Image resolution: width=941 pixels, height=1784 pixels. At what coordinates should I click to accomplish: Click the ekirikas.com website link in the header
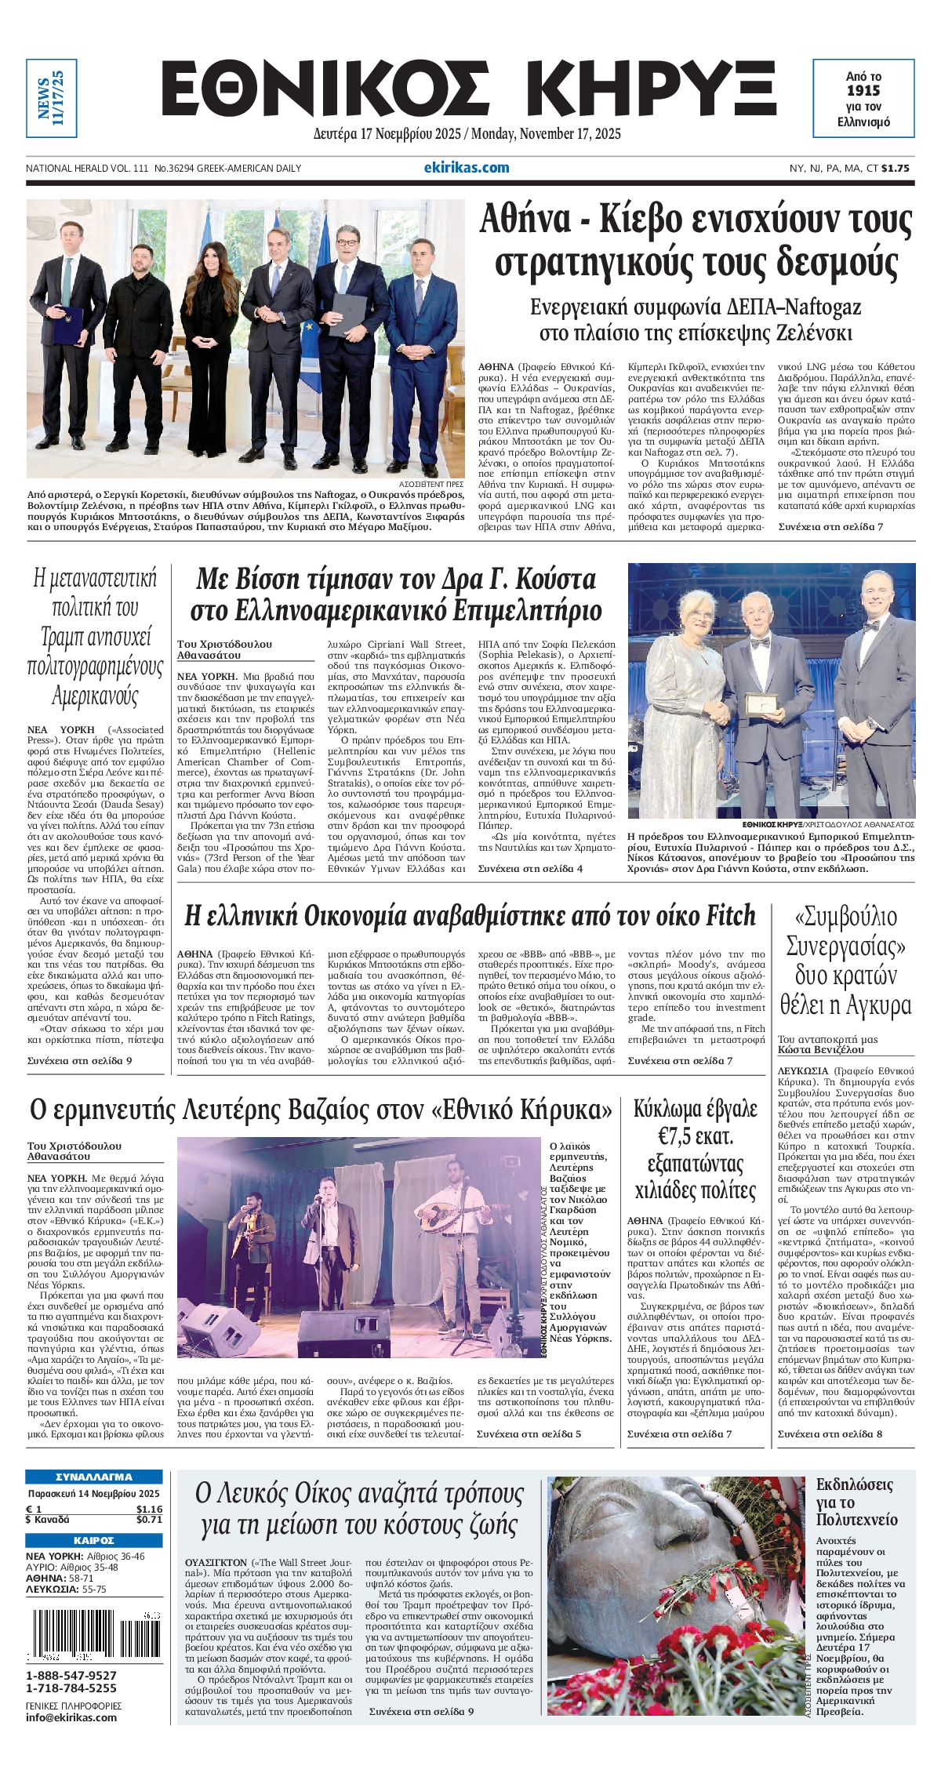point(466,167)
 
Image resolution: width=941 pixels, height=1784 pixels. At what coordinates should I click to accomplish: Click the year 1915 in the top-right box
point(863,91)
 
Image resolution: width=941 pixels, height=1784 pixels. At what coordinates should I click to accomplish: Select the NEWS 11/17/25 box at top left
point(51,98)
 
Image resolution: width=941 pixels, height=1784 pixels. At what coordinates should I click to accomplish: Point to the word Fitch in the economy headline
point(731,916)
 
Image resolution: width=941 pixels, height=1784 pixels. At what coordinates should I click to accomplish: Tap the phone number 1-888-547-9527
point(71,1675)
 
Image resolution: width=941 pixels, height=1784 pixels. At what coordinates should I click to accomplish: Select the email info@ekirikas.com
point(71,1717)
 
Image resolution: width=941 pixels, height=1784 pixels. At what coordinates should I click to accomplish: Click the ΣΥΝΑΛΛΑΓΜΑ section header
point(94,1477)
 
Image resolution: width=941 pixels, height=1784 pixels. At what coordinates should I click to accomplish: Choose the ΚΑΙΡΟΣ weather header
point(94,1540)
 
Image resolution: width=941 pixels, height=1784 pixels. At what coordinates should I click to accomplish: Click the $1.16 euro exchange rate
point(148,1508)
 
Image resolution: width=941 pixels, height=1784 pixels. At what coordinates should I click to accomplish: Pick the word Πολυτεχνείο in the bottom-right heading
point(856,1519)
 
